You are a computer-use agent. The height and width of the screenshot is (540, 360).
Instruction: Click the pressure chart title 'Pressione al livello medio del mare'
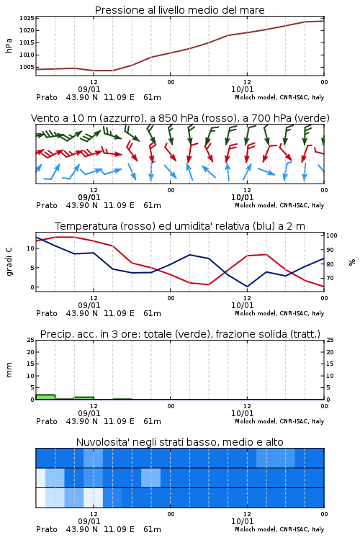coord(179,10)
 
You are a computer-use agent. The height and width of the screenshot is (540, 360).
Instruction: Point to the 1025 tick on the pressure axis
coord(27,18)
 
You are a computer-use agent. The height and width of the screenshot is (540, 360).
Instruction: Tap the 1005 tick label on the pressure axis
coord(27,67)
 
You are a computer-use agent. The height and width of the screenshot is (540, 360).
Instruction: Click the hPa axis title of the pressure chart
coord(9,45)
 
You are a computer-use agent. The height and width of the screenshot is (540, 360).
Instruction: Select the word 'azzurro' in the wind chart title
coord(120,118)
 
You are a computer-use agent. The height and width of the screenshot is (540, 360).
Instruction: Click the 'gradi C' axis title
coord(9,261)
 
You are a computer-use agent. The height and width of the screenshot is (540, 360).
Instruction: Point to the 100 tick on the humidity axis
coord(331,235)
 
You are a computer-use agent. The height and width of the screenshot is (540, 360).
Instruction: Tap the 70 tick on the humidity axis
coord(330,278)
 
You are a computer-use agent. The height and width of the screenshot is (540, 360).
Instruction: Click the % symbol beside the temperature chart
coord(352,262)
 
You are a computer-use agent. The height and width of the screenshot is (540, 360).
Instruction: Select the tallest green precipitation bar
coord(45,397)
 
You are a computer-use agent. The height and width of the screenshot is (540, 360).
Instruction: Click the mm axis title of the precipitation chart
coord(9,370)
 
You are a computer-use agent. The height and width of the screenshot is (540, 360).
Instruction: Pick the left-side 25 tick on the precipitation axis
coord(31,340)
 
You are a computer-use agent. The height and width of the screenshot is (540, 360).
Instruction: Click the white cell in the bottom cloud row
coord(40,498)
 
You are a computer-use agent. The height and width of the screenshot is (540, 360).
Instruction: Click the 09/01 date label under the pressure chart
coord(89,89)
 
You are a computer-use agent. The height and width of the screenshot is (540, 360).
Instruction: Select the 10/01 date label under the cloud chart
coord(242,521)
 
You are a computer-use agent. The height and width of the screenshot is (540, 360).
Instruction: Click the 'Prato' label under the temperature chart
coord(47,313)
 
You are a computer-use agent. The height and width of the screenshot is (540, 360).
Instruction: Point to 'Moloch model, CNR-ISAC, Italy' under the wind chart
coord(279,205)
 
